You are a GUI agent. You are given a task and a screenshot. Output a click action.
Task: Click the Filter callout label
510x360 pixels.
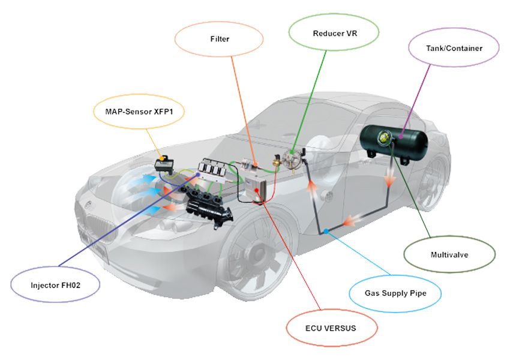pyautogui.click(x=220, y=40)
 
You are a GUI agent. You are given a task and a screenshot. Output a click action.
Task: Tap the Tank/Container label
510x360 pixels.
pyautogui.click(x=454, y=47)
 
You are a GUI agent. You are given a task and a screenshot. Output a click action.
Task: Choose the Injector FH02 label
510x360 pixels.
pyautogui.click(x=55, y=286)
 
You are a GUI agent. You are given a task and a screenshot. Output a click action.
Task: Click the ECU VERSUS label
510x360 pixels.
pyautogui.click(x=331, y=328)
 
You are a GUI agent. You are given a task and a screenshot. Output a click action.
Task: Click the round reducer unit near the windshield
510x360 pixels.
pyautogui.click(x=292, y=158)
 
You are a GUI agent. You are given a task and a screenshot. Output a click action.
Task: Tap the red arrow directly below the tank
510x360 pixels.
pyautogui.click(x=389, y=177)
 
